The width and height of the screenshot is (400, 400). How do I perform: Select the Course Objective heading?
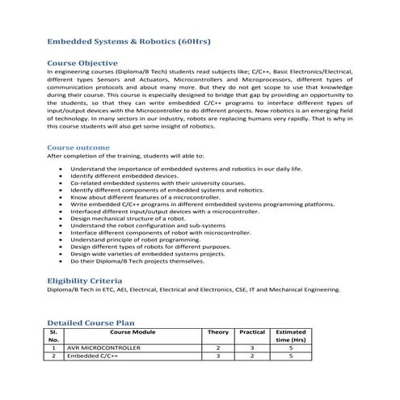point(83,62)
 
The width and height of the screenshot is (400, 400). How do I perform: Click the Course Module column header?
point(132,332)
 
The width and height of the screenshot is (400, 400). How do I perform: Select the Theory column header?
point(217,332)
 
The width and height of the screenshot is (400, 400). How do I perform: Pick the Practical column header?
point(252,332)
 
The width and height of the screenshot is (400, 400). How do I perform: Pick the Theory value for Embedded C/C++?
point(217,355)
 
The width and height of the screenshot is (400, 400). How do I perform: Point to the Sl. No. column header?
point(53,336)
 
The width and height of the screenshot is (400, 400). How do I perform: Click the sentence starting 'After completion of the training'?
point(125,156)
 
